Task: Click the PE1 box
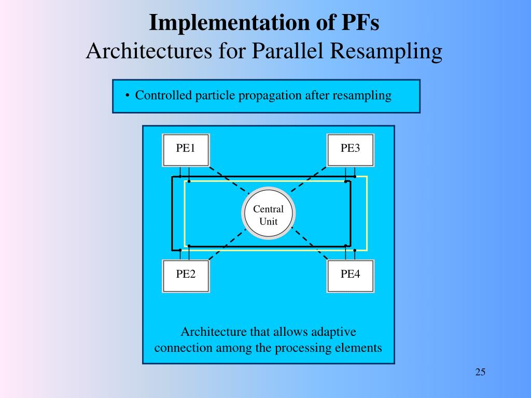click(x=186, y=150)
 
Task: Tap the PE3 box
click(x=350, y=150)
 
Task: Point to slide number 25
click(x=480, y=372)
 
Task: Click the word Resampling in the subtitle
click(x=390, y=51)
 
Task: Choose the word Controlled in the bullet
click(x=164, y=95)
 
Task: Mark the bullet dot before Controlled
click(x=127, y=96)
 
